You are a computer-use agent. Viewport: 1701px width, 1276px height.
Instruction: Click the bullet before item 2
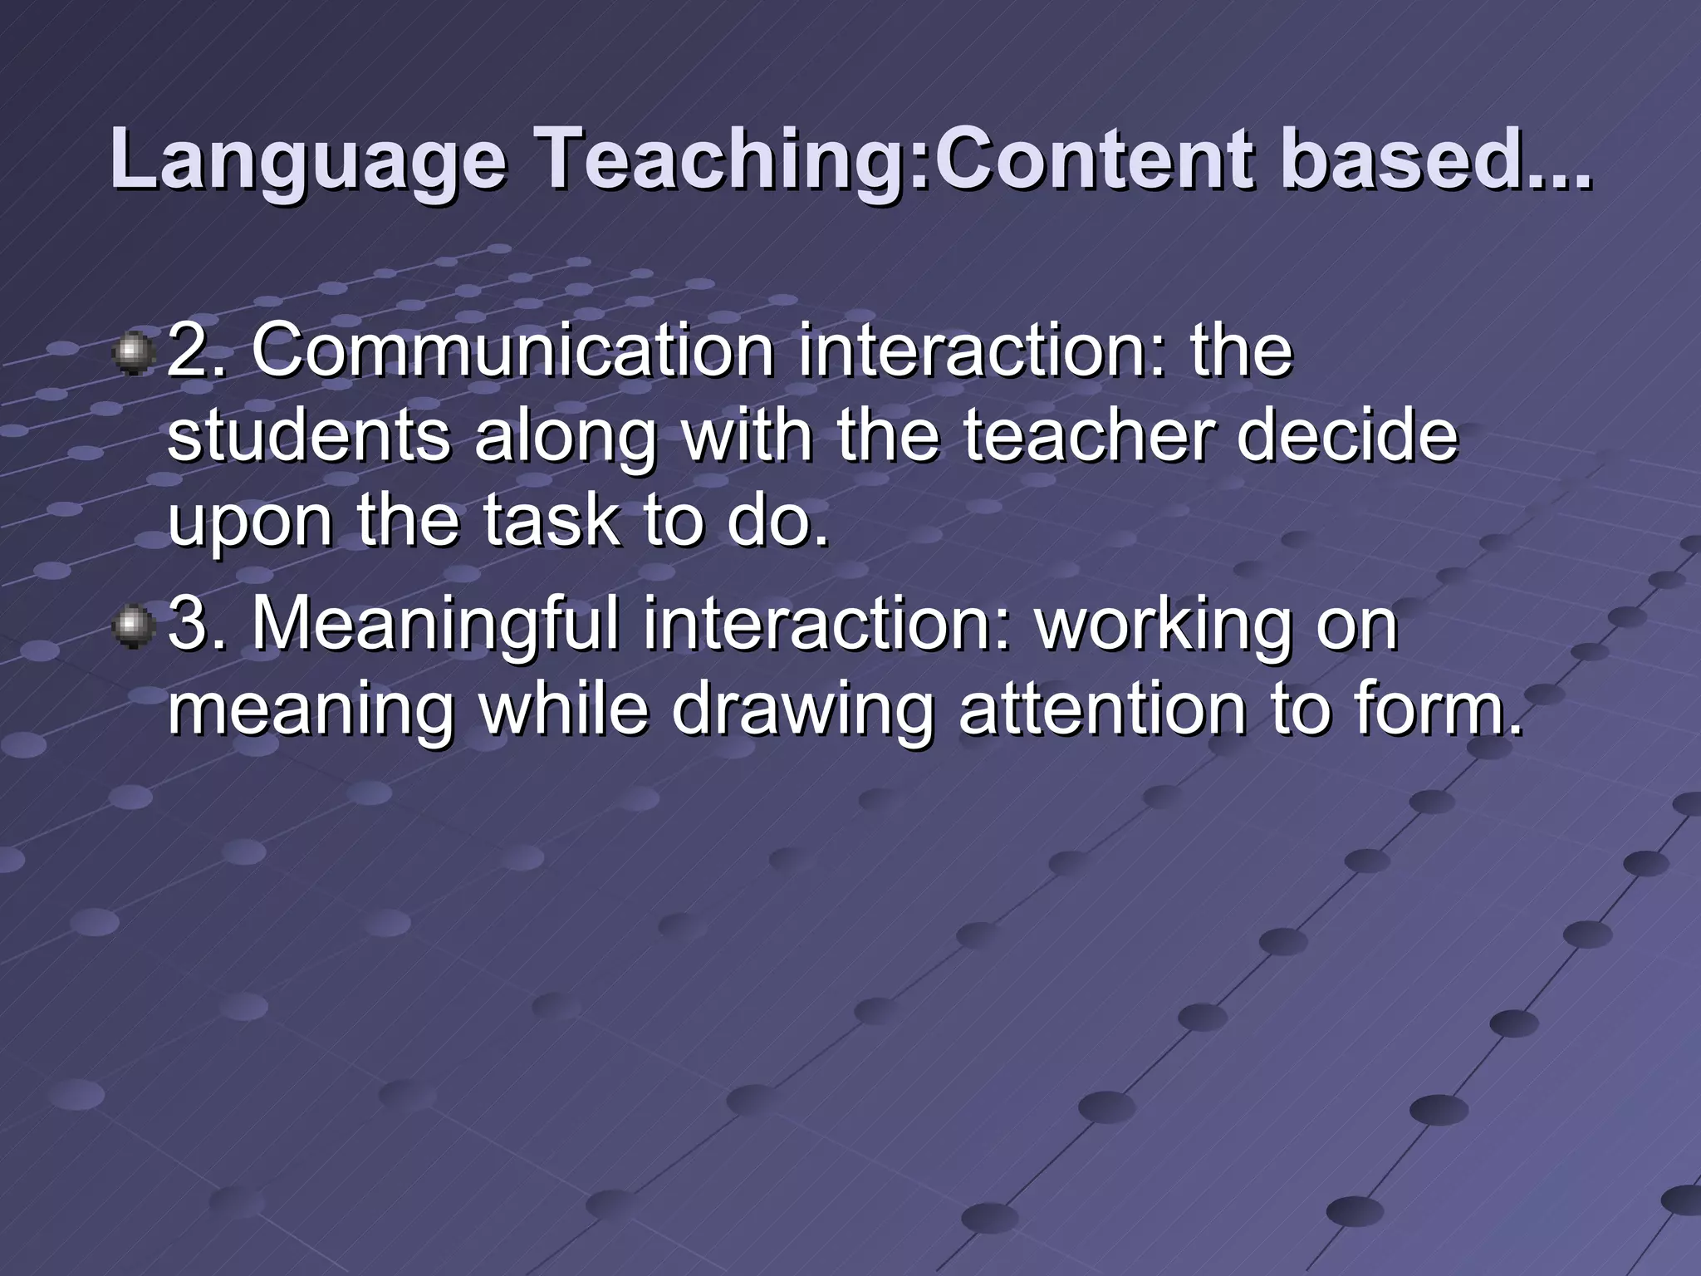pos(132,355)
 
